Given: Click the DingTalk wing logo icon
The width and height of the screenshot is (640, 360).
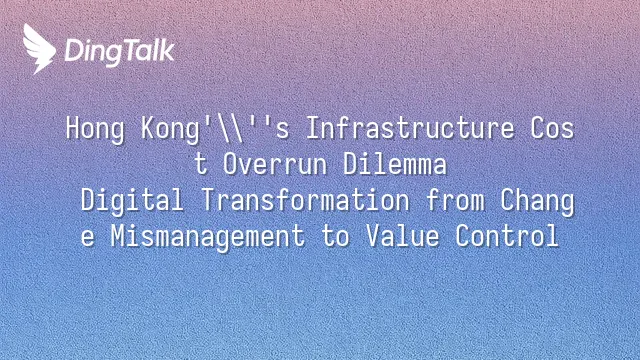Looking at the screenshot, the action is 39,49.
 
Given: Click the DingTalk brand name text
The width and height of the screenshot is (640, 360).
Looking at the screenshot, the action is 120,51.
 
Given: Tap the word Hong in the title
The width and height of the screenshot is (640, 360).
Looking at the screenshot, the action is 95,129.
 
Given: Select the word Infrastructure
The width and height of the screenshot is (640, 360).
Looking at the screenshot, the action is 410,128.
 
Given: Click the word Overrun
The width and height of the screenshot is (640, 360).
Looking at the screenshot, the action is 275,164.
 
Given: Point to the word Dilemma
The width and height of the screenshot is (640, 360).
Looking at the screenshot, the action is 395,164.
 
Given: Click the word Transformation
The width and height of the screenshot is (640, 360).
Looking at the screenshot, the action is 305,200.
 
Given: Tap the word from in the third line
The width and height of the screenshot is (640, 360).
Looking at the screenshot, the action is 455,200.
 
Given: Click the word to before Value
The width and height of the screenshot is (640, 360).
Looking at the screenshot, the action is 336,237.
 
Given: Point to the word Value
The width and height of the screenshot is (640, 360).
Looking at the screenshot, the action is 402,236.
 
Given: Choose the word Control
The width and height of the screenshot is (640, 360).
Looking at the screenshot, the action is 507,236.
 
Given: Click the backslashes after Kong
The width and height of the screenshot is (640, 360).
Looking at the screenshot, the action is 230,129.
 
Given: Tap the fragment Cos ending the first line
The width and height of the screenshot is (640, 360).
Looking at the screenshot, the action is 552,128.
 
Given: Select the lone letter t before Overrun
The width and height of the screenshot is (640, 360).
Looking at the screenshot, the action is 200,164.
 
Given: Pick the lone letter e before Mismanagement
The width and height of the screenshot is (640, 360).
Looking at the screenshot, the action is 88,238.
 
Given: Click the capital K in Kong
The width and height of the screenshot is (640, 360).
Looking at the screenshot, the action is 148,128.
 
